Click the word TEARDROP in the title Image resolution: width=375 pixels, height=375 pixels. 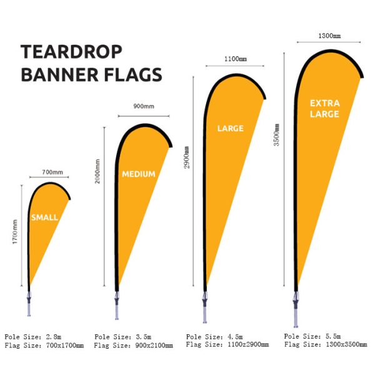point(71,52)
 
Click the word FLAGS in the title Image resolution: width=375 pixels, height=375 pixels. point(133,74)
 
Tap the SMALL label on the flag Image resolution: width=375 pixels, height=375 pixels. point(45,217)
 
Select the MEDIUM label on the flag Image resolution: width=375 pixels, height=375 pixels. point(139,174)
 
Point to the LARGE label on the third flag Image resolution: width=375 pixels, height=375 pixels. point(231,128)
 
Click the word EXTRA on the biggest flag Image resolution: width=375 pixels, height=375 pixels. point(325,103)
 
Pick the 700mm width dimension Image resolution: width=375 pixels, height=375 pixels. point(52,172)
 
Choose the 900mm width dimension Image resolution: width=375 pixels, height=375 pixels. point(144,106)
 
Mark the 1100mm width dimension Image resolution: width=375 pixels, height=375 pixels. point(236,59)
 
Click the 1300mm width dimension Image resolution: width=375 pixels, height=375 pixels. point(329,36)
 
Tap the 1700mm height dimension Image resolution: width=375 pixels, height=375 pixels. point(15,232)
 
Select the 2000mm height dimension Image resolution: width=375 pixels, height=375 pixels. point(97,171)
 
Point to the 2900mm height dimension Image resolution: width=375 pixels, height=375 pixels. point(186,157)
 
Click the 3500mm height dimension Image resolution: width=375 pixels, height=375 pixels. point(276,134)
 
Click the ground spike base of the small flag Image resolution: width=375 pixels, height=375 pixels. point(29,304)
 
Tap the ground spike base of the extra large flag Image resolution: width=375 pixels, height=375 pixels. point(296,309)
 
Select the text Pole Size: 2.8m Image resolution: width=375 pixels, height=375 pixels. point(33,337)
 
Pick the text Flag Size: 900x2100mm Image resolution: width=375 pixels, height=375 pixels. point(133,346)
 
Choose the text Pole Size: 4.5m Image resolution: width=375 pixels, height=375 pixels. point(214,337)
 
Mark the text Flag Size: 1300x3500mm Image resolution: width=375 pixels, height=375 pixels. point(326,344)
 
